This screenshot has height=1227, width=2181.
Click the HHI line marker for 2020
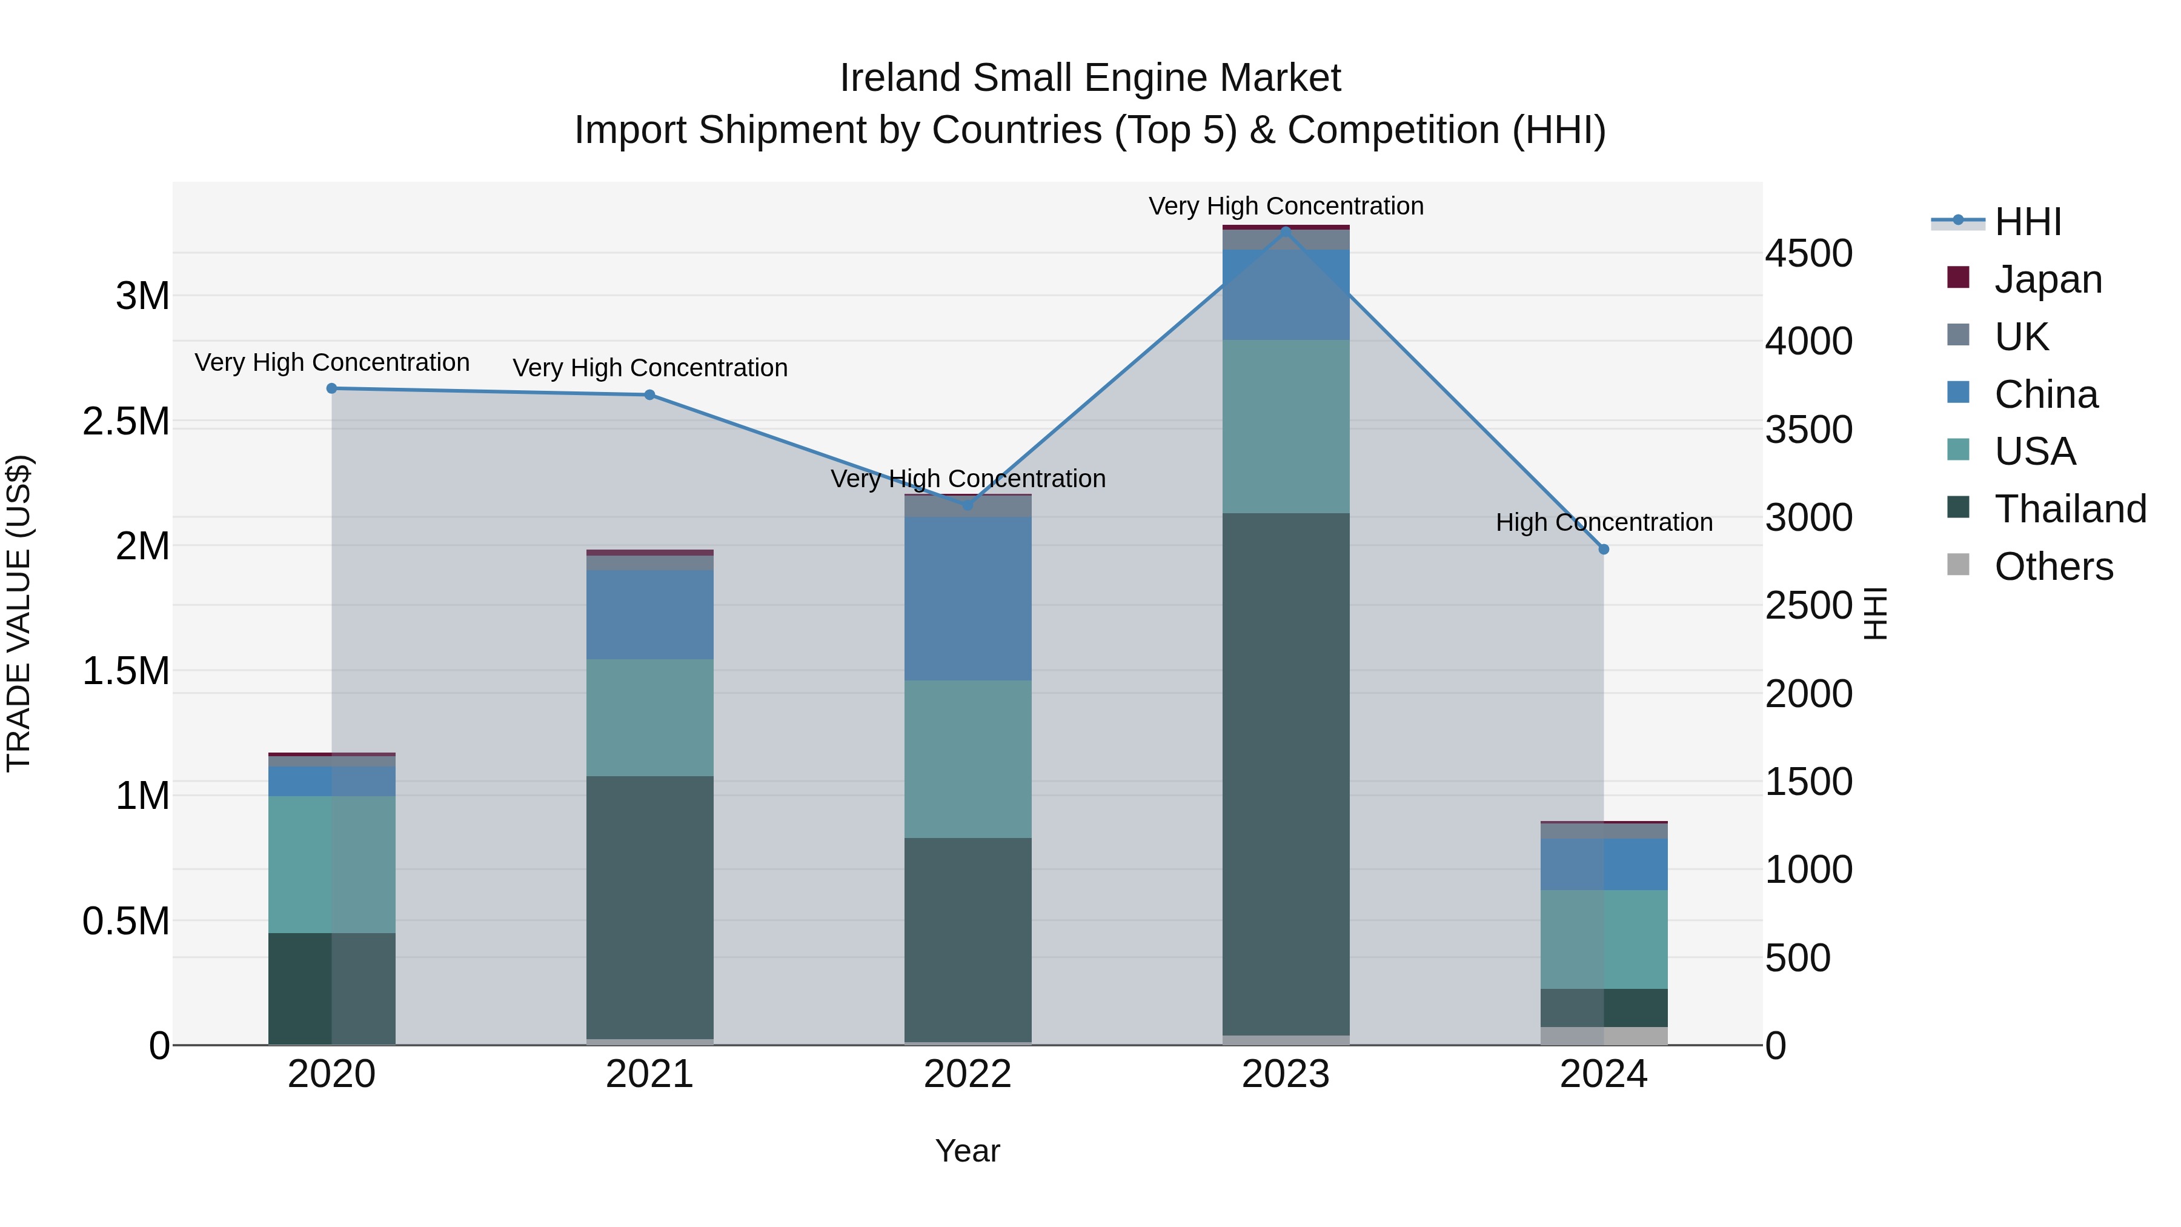tap(332, 388)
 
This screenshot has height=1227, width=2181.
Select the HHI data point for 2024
tap(1604, 550)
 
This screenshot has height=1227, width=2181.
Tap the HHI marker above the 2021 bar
tap(649, 394)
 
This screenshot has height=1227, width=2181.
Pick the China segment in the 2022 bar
tap(968, 599)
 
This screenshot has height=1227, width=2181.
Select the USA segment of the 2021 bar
tap(649, 717)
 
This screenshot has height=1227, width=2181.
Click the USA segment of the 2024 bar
tap(1604, 939)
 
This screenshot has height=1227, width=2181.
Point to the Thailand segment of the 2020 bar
tap(332, 988)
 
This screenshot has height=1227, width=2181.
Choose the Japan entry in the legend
tap(2048, 279)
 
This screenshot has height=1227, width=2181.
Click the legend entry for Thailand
tap(2070, 509)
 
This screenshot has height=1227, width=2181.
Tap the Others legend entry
tap(2053, 567)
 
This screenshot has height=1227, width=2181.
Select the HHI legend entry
tap(2028, 222)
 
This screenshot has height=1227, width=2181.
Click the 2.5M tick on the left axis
tap(126, 422)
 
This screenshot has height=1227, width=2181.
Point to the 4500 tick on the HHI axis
tap(1808, 254)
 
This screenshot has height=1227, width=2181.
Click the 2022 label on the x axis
tap(968, 1074)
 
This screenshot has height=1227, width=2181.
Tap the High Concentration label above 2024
tap(1604, 522)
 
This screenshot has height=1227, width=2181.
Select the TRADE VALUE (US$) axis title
tap(19, 613)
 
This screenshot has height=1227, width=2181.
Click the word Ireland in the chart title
tap(900, 78)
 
